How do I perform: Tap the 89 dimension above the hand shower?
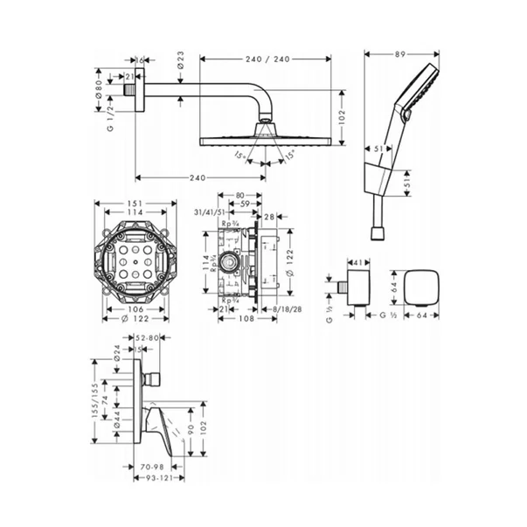click(x=399, y=55)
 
